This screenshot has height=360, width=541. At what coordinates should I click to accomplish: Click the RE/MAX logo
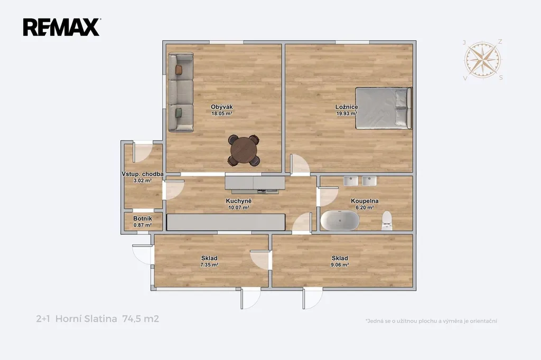coord(62,27)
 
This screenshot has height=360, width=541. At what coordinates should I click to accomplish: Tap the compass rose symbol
coord(483,60)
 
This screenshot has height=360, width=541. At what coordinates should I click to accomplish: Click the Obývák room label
coord(221,107)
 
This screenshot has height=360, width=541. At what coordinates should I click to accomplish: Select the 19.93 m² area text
coord(347,113)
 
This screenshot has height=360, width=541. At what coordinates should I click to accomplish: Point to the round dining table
coord(244,150)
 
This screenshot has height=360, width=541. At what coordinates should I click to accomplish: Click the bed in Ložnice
coord(384,108)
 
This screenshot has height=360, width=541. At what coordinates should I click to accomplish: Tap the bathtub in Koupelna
coord(340,220)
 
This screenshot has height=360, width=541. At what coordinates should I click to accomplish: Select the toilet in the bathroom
coord(387,221)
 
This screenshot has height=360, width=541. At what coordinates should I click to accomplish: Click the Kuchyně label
coord(239,201)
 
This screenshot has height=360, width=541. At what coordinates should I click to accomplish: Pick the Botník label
coord(143,219)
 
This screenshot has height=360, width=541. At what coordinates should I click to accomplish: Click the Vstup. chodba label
coord(143,174)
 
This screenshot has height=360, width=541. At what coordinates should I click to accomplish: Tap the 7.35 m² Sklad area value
coord(209,265)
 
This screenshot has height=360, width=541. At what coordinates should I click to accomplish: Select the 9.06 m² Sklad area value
coord(340,265)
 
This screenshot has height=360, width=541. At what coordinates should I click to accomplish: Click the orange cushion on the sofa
coord(179,70)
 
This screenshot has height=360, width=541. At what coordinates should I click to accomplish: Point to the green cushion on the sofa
coord(179,113)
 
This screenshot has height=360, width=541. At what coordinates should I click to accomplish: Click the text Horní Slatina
coord(86,319)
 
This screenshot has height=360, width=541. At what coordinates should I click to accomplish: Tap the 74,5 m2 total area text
coord(141,319)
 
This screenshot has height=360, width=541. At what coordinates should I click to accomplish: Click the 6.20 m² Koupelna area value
coord(365,207)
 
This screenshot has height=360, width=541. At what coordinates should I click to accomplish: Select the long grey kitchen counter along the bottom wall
coord(226,222)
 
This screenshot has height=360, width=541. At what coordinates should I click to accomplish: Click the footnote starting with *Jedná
coord(431,321)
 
